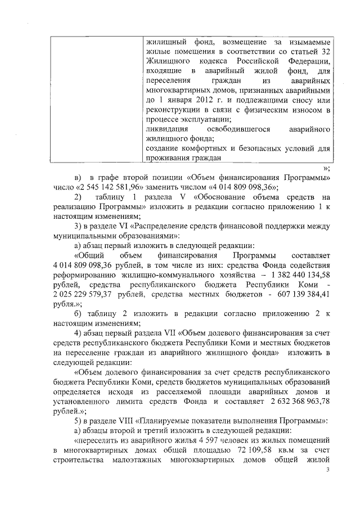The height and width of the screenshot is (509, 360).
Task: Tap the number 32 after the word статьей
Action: pos(323,51)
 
